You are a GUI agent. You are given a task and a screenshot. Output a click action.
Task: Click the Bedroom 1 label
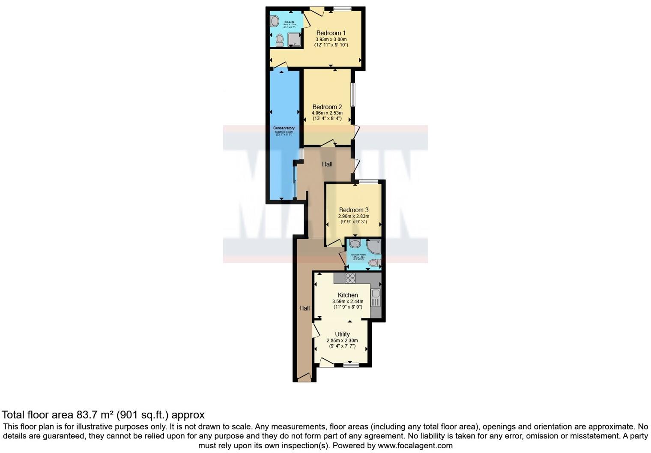(331, 33)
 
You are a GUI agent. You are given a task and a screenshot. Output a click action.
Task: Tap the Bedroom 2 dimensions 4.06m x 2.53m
(327, 113)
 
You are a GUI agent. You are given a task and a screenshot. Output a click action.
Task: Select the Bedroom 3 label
(353, 210)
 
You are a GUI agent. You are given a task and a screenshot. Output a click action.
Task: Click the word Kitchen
(348, 295)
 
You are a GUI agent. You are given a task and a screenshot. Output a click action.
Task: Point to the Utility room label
(342, 334)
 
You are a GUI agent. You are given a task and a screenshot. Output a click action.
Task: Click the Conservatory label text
(284, 128)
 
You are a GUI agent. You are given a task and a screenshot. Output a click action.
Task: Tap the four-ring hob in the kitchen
(350, 278)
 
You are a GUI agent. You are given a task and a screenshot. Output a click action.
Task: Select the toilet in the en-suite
(280, 40)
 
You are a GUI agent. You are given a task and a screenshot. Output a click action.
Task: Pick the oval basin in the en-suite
(275, 21)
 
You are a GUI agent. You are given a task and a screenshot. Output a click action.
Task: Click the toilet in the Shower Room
(374, 263)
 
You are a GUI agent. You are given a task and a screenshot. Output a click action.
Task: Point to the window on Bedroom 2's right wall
(353, 94)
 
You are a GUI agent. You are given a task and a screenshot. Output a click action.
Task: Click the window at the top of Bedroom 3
(368, 181)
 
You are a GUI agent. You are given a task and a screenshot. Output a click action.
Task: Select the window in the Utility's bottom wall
(351, 365)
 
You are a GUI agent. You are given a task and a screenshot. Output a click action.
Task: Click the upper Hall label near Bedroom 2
(327, 164)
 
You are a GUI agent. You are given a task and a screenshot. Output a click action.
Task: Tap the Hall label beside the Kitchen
(305, 308)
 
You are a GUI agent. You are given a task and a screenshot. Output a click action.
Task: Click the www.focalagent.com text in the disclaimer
(415, 445)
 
